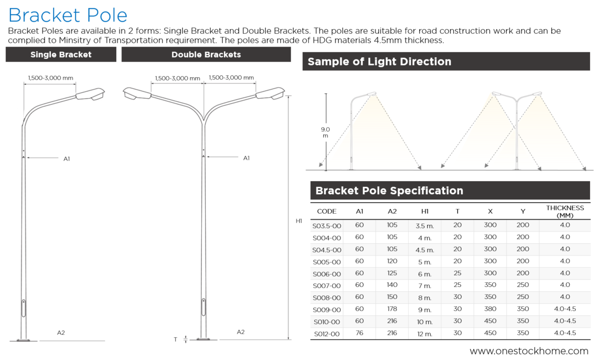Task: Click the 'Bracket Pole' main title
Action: click(68, 16)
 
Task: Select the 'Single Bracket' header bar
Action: click(61, 55)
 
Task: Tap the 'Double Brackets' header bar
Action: click(206, 55)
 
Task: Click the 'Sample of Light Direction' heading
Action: click(379, 62)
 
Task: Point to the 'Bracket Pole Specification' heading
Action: click(389, 191)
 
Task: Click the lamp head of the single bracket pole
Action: click(91, 94)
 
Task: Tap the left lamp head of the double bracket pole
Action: click(136, 94)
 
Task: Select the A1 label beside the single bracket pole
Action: click(67, 159)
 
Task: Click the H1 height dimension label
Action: click(299, 221)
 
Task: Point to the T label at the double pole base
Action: click(175, 339)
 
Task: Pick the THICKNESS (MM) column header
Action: click(565, 211)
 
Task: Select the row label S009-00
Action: click(326, 310)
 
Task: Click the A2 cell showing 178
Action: click(392, 309)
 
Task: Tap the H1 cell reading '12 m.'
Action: click(424, 334)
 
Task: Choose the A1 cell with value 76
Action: click(359, 333)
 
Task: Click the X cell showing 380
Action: click(490, 309)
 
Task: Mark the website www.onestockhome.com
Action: click(529, 351)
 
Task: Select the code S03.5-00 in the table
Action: click(326, 226)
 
